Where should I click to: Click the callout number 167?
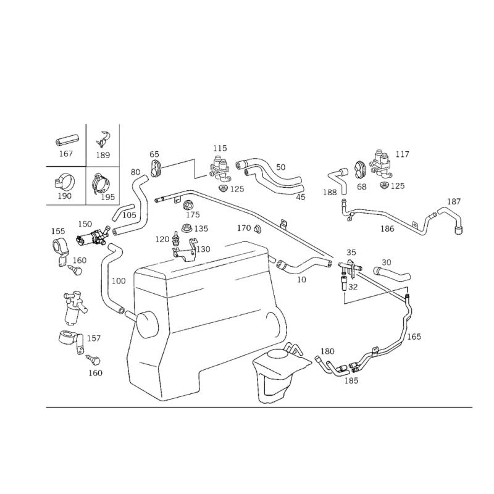[x=66, y=154]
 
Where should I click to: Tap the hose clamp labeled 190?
[x=64, y=182]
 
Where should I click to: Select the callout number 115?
[x=220, y=148]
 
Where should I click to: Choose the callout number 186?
[x=387, y=228]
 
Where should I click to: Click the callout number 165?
[x=414, y=337]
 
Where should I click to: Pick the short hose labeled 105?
[x=123, y=212]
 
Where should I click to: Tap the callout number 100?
[x=119, y=281]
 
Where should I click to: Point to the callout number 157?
[x=94, y=338]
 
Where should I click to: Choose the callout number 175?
[x=193, y=214]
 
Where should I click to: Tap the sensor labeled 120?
[x=175, y=239]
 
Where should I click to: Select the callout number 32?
[x=353, y=287]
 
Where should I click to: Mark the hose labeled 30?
[x=391, y=273]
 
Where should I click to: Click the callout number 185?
[x=351, y=381]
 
